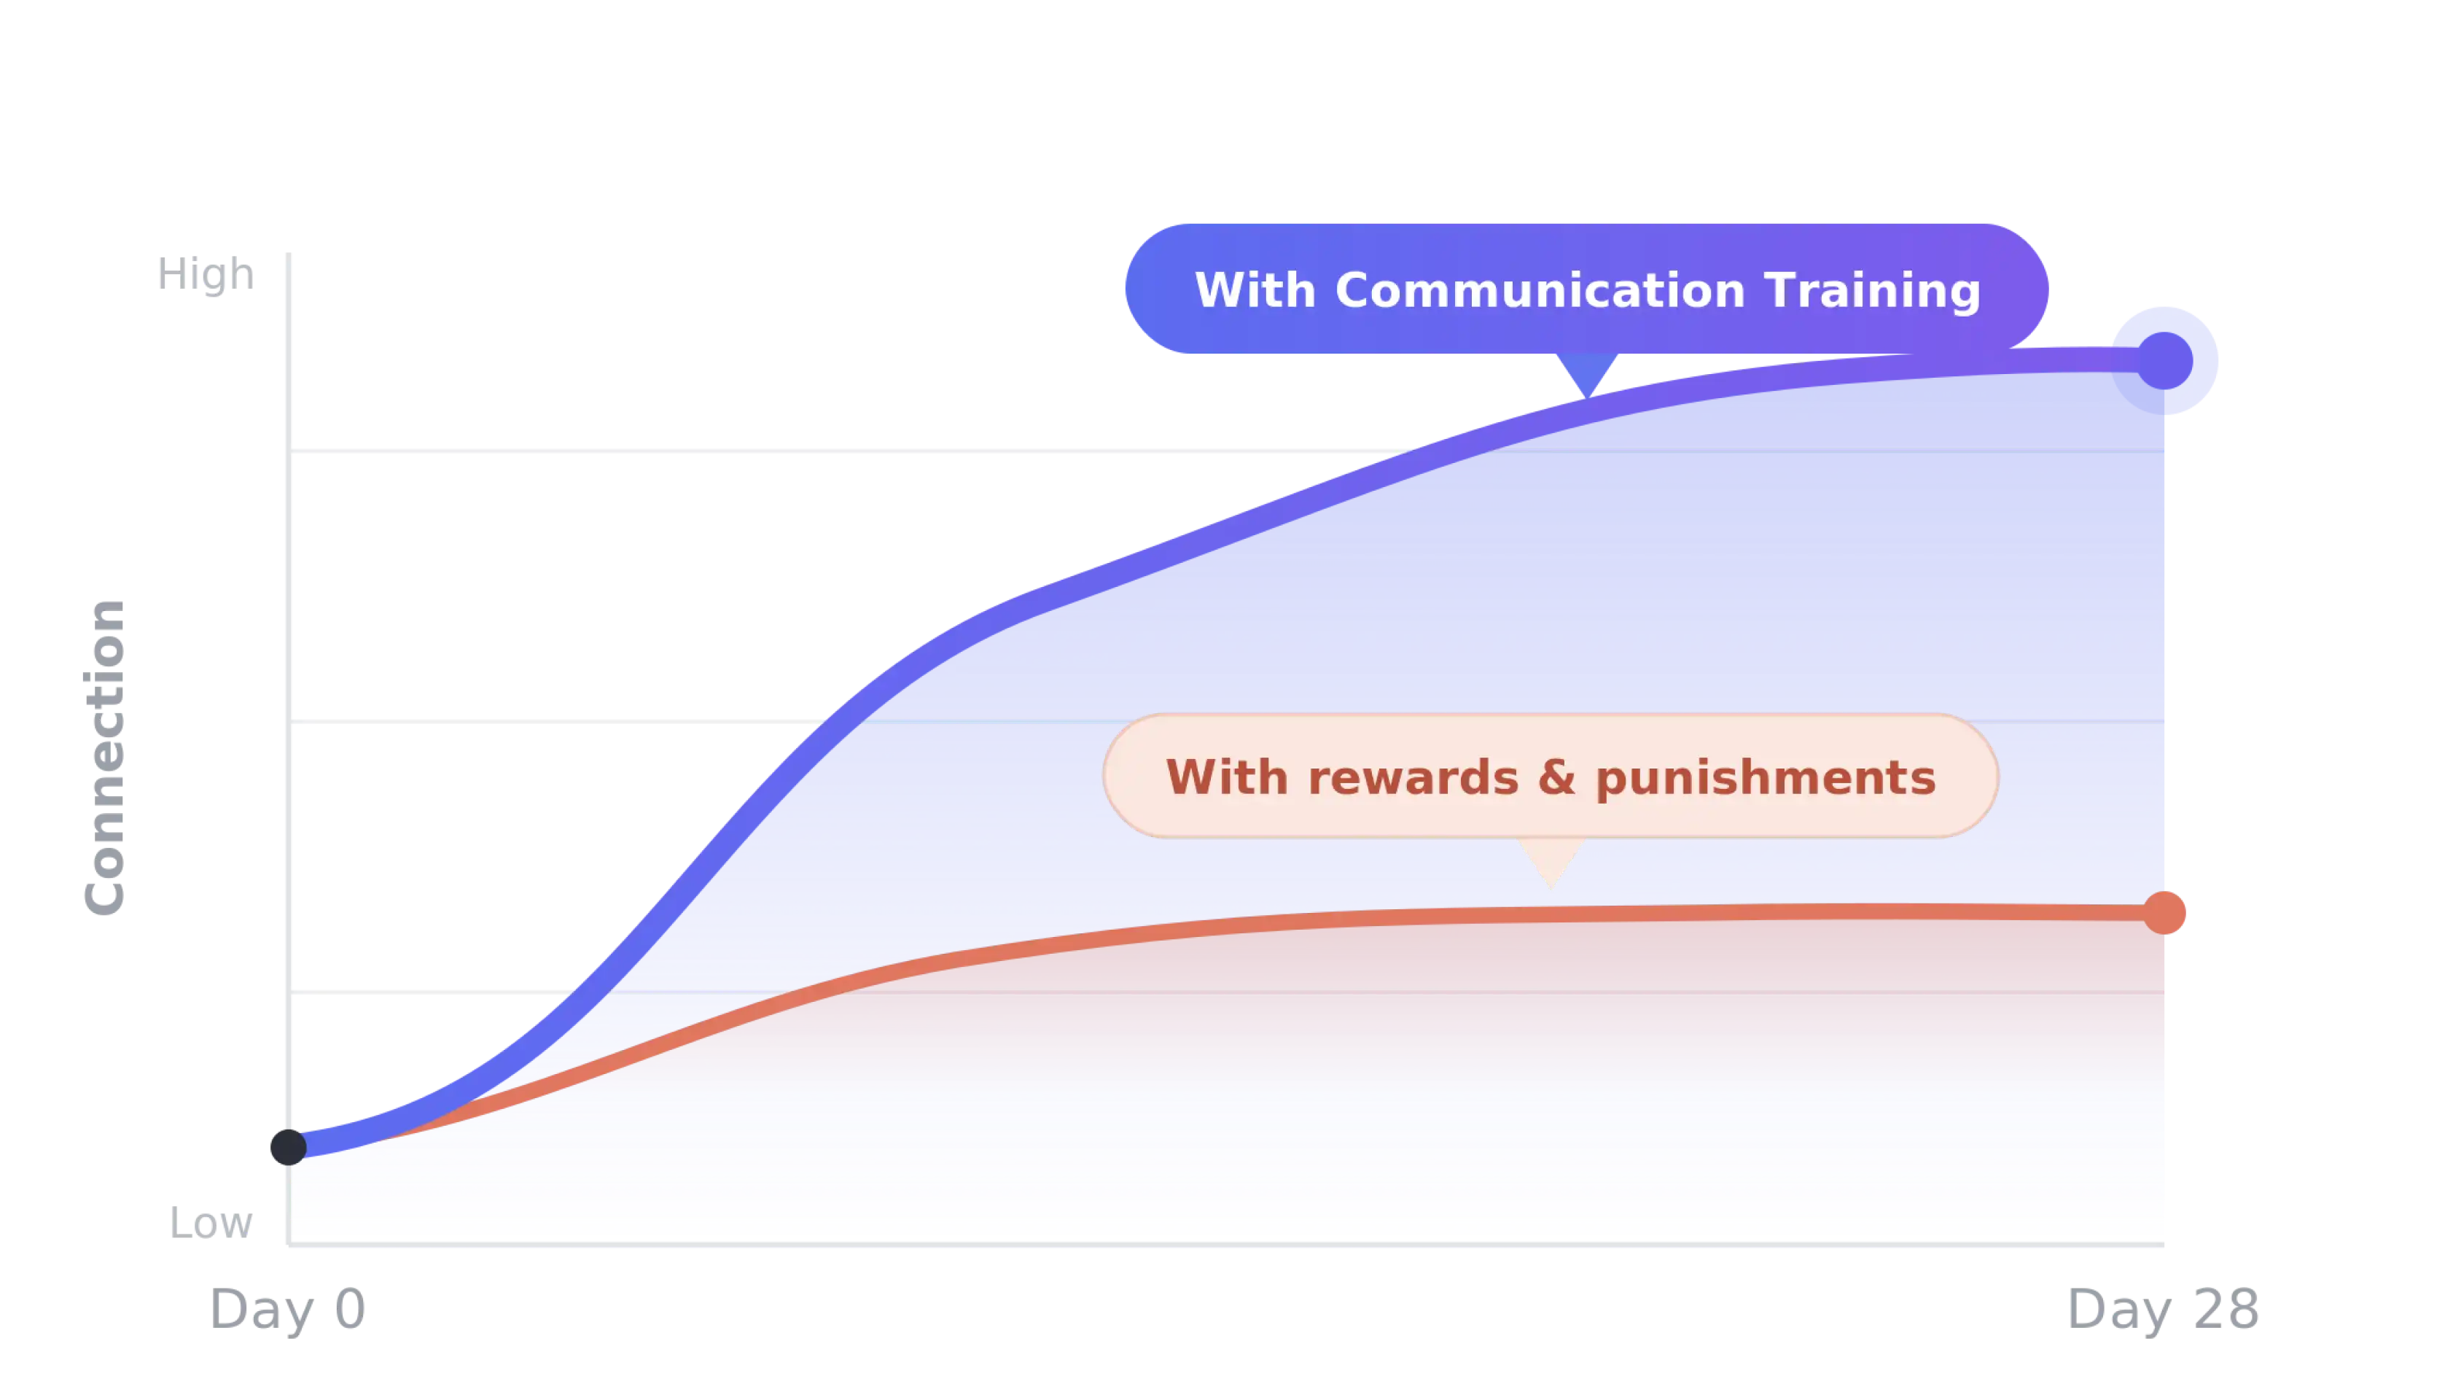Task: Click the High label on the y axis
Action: point(206,276)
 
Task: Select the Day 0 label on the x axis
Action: point(287,1310)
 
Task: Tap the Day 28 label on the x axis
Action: point(2163,1310)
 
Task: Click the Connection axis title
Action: point(106,757)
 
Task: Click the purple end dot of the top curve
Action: point(2164,361)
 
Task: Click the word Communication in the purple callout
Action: point(1540,290)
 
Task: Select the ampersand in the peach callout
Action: point(1557,778)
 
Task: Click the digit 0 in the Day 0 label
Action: point(350,1310)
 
